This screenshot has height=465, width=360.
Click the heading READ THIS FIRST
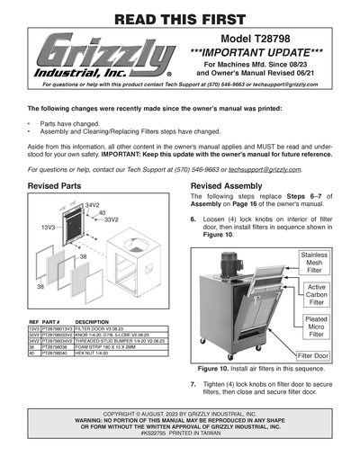[x=179, y=15]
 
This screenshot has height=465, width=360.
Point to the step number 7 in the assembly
[x=193, y=384]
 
